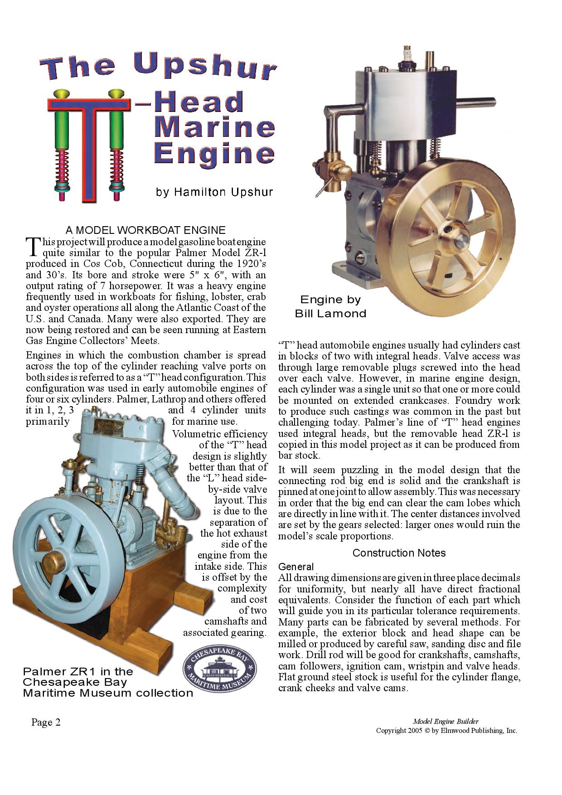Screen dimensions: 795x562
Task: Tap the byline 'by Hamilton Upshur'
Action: pos(214,192)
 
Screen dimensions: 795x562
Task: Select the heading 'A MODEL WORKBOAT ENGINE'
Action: pos(145,230)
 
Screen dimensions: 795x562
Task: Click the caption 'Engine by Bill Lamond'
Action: pos(330,306)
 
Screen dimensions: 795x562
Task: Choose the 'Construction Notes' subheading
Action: pos(399,553)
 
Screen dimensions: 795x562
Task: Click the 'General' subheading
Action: pos(296,567)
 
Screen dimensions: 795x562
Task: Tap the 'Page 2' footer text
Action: pos(46,722)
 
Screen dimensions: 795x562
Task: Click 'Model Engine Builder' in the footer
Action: pos(446,721)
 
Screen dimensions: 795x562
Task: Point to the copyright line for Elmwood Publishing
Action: pos(446,730)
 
